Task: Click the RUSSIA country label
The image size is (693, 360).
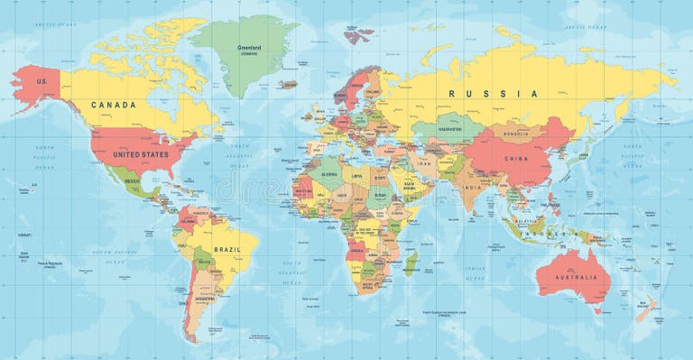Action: (x=495, y=93)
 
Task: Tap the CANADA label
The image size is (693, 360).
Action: (x=115, y=105)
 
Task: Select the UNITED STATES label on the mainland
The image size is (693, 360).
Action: (x=140, y=154)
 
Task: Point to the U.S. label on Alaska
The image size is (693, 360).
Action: (x=40, y=81)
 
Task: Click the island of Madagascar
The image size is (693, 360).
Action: (x=411, y=263)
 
